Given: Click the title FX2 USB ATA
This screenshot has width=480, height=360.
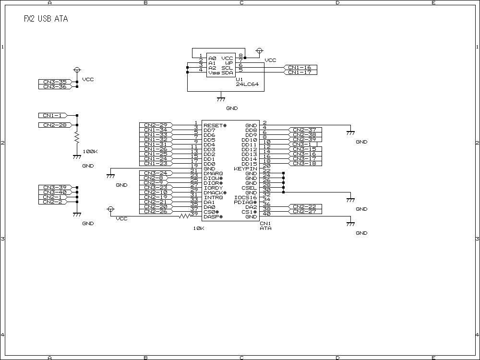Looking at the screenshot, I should click(x=46, y=19).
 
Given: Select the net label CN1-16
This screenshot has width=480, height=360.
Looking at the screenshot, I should click(x=300, y=68).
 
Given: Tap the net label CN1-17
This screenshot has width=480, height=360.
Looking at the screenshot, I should click(x=300, y=72).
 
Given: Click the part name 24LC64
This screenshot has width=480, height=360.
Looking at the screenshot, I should click(x=247, y=84).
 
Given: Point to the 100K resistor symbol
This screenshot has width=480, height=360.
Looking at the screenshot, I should click(x=76, y=138).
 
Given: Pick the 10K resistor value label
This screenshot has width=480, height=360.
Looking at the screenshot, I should click(x=199, y=228).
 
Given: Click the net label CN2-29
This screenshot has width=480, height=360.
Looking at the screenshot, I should click(x=156, y=125).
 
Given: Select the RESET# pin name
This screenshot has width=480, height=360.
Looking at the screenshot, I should click(x=215, y=125).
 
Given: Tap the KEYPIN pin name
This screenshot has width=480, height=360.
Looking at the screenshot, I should click(x=245, y=168).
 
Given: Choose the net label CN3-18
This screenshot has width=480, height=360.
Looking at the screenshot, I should click(x=304, y=164).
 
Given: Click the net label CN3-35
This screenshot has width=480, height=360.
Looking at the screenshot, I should click(x=55, y=82).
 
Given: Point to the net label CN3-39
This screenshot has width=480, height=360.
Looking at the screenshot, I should click(x=55, y=188).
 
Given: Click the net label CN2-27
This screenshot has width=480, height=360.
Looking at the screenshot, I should click(x=304, y=212).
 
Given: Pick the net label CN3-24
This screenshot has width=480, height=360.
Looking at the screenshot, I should click(x=156, y=173).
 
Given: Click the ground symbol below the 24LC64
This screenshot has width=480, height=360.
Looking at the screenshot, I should click(x=220, y=99).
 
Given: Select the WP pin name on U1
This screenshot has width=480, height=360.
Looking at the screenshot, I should click(x=229, y=63).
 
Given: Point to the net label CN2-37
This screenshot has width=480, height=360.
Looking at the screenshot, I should click(x=304, y=130).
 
